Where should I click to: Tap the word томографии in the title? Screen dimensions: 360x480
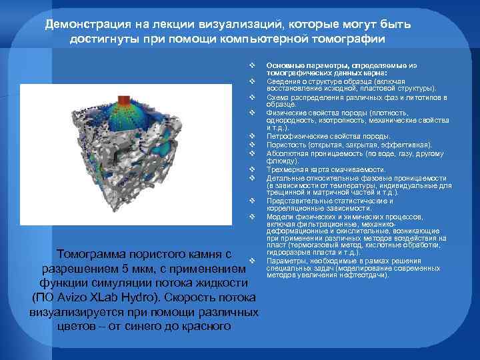coord(349,38)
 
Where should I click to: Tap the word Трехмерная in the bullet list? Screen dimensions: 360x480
coord(285,169)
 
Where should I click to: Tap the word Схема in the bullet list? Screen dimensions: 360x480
coord(276,97)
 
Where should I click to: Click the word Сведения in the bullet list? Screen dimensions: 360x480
coord(281,81)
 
